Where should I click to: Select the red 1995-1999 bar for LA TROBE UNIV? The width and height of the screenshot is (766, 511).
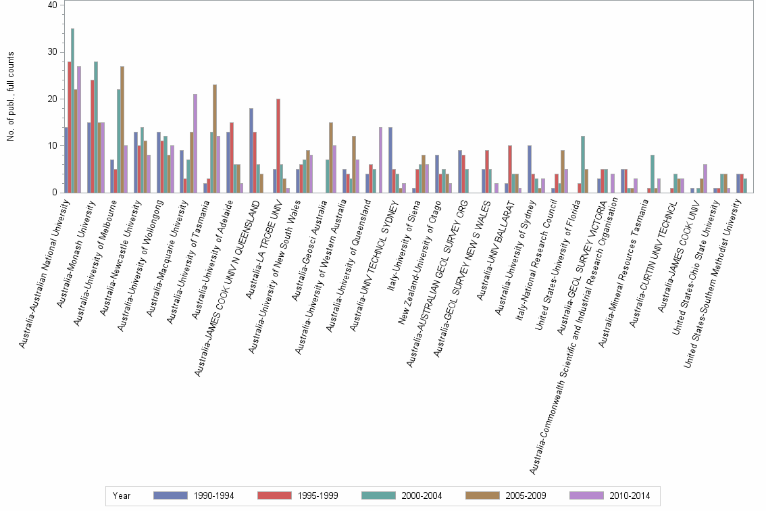278,145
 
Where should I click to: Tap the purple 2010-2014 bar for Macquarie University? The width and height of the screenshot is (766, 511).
195,143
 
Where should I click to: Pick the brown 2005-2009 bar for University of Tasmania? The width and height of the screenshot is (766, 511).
215,138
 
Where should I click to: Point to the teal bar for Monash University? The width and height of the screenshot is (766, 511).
96,127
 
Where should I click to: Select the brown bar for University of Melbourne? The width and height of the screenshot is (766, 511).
122,129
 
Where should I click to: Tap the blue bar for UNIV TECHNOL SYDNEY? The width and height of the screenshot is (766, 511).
390,160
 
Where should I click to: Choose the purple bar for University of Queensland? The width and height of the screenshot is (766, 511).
380,160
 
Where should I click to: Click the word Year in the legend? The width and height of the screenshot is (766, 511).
122,495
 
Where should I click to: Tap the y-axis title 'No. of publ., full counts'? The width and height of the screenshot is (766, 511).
11,99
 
